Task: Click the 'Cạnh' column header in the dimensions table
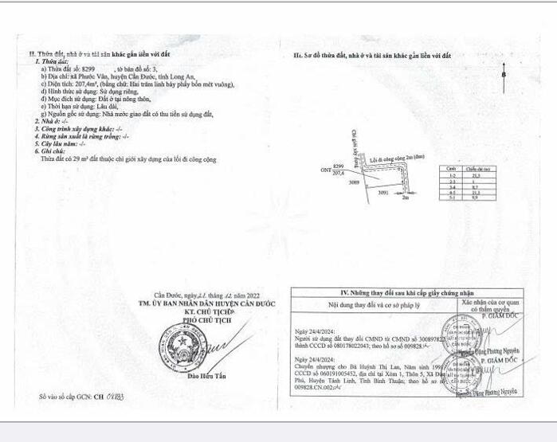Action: [451, 169]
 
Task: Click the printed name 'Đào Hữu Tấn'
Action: [206, 387]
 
